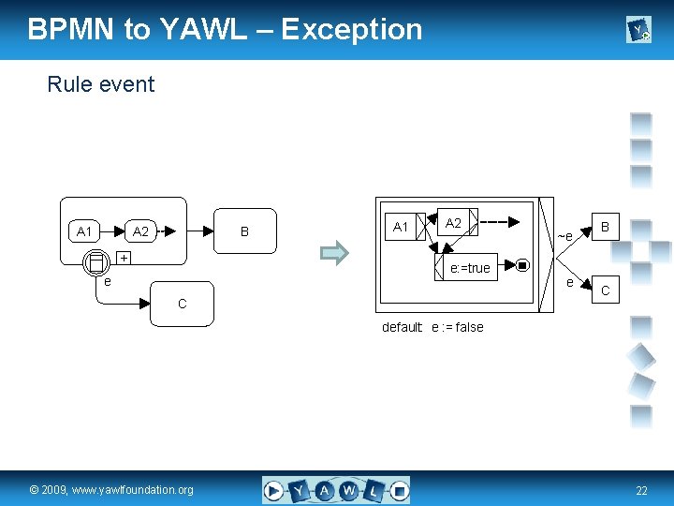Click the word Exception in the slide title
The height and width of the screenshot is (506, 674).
coord(351,29)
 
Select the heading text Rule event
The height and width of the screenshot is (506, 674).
coord(100,84)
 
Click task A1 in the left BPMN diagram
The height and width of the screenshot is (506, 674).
coord(84,231)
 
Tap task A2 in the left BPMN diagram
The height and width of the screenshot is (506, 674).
coord(140,231)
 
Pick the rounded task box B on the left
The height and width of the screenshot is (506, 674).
coord(245,231)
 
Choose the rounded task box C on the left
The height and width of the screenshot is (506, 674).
coord(182,304)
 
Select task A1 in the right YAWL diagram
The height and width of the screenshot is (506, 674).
coord(401,227)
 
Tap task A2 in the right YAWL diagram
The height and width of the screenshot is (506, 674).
coord(454,223)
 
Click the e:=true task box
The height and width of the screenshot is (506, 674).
coord(469,268)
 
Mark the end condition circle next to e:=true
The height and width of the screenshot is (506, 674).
coord(522,265)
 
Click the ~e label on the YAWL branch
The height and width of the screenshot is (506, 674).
coord(564,234)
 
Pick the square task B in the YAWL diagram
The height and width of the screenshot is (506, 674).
coord(606,227)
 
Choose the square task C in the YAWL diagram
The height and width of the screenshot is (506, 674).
coord(606,290)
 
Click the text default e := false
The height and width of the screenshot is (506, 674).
coord(432,327)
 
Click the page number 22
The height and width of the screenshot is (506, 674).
coord(641,491)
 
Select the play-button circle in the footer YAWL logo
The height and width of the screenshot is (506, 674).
coord(274,489)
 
